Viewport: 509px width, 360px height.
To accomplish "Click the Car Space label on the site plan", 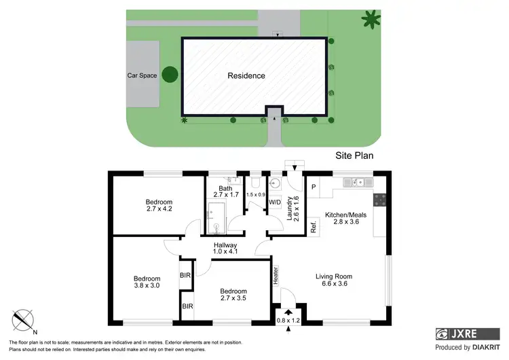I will tap(143, 75).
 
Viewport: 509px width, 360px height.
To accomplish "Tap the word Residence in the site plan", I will tap(246, 75).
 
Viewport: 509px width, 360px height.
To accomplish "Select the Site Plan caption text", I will tap(355, 155).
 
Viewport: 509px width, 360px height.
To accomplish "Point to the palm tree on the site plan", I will tap(371, 18).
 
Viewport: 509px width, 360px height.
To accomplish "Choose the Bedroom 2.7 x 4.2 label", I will tap(159, 206).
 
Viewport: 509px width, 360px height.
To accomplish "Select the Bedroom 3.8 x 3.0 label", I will tap(147, 283).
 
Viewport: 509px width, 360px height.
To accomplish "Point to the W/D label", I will tap(276, 202).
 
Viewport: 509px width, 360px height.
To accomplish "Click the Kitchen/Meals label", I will tap(345, 219).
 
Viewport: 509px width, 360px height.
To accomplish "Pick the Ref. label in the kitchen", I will tap(314, 226).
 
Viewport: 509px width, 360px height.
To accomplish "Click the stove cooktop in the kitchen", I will tap(379, 200).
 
